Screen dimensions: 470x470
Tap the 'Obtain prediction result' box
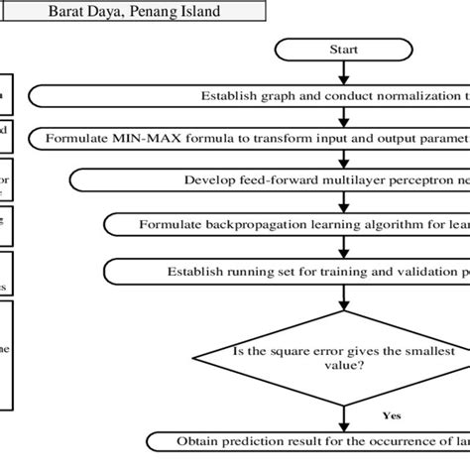[x=307, y=441]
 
